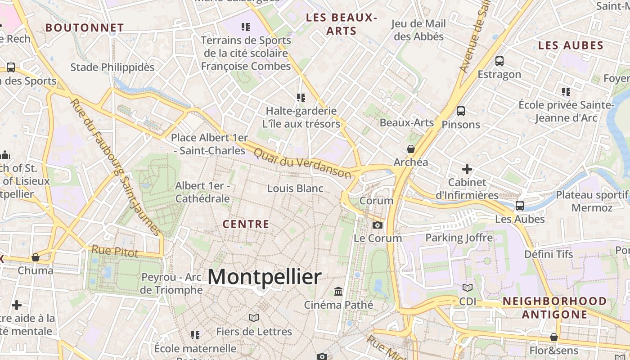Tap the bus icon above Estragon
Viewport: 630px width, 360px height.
(499, 61)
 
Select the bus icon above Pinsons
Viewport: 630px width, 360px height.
(460, 111)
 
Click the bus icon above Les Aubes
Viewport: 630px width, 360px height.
(520, 206)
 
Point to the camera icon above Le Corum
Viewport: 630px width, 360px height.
(378, 225)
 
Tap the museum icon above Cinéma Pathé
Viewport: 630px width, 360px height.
(338, 292)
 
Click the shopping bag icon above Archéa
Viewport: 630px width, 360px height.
(410, 149)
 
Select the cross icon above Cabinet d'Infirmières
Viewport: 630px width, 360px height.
(467, 169)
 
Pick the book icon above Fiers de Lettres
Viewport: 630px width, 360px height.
(254, 318)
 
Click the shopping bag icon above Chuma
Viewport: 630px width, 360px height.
(36, 257)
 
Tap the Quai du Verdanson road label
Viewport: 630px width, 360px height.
(302, 163)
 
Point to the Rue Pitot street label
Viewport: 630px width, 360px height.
(115, 252)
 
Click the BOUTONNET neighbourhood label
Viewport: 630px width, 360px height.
(84, 28)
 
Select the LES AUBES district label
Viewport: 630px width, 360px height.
(571, 45)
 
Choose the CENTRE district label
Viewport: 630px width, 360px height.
(246, 224)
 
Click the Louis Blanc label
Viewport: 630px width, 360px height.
(295, 188)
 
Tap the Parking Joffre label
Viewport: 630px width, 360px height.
(459, 238)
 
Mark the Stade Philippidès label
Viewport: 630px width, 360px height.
(112, 67)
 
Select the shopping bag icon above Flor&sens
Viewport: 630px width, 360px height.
(554, 337)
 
